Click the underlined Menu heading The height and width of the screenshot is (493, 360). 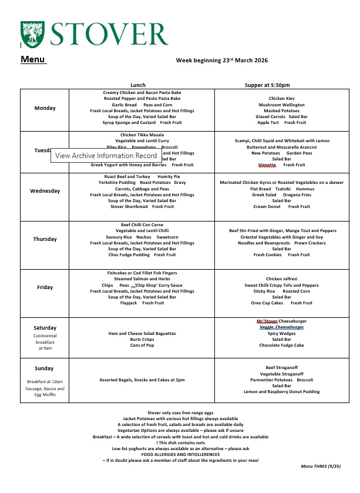point(33,59)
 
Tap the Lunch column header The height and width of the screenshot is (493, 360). point(138,85)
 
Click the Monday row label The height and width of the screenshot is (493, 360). point(45,108)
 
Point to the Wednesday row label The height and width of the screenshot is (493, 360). point(45,191)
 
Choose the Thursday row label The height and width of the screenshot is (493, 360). point(45,239)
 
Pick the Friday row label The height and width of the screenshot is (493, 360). point(45,287)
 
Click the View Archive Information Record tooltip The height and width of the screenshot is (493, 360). point(106,156)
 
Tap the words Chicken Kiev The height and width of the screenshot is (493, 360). point(281,99)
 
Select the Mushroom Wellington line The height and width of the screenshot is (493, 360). point(282,105)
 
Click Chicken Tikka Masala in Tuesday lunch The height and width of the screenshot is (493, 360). point(142,135)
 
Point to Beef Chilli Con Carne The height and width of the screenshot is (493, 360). point(142,225)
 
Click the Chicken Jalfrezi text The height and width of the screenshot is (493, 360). point(282,279)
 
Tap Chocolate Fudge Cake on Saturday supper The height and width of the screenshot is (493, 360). point(282,346)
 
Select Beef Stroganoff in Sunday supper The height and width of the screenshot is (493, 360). point(282,368)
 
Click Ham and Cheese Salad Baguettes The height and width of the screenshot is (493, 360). point(142,333)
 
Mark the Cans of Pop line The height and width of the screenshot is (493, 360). point(142,345)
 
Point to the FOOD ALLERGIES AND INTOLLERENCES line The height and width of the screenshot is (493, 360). point(180,454)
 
